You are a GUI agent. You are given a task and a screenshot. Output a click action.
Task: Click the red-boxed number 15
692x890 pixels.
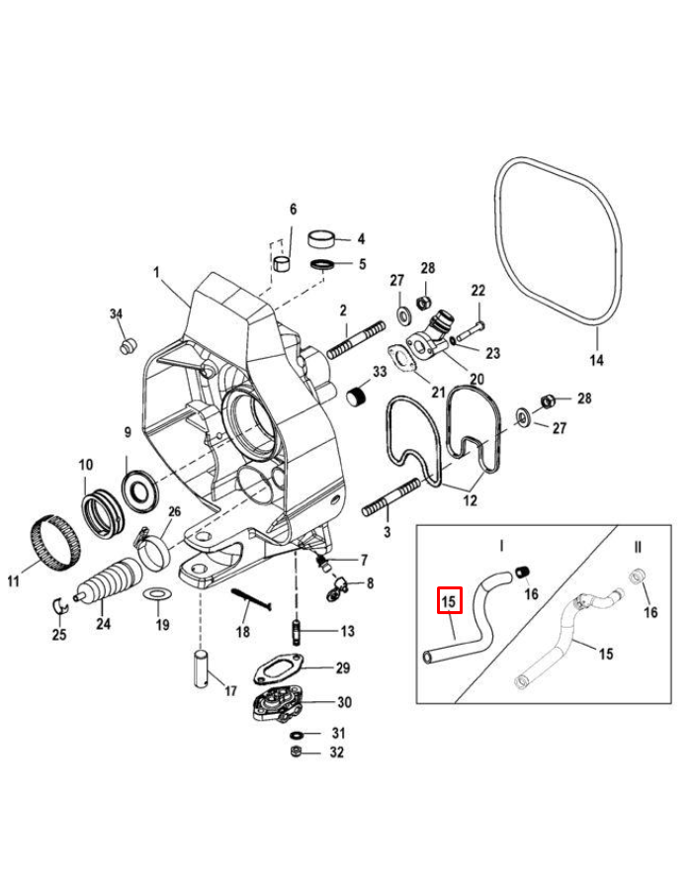coord(449,600)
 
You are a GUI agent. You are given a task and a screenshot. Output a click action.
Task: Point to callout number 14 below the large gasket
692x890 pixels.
coord(596,360)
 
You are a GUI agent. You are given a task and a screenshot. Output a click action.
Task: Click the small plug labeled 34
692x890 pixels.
coord(126,346)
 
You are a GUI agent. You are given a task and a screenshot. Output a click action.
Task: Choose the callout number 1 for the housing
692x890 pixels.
coord(155,270)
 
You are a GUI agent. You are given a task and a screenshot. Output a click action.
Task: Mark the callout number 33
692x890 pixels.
coord(378,372)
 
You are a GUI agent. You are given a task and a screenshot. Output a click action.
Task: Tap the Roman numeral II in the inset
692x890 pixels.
coord(638,545)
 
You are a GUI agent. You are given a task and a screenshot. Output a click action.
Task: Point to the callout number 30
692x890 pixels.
coord(343,703)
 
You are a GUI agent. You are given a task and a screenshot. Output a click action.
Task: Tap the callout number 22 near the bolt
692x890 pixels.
coord(478,291)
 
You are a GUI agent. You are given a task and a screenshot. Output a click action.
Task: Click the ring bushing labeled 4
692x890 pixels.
coord(322,238)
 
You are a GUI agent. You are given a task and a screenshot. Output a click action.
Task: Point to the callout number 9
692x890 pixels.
coord(128,432)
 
